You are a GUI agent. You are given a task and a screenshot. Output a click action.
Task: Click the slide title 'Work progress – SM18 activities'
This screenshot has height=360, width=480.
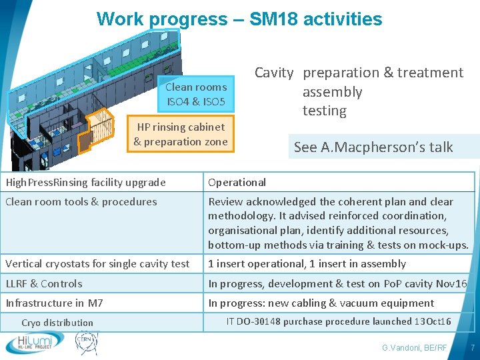point(239,19)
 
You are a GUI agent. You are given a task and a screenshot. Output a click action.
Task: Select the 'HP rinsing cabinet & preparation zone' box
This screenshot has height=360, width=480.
point(181,134)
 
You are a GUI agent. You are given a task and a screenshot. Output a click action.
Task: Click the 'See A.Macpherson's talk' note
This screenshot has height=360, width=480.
point(373,147)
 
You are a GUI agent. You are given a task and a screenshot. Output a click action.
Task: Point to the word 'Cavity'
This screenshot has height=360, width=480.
point(273,73)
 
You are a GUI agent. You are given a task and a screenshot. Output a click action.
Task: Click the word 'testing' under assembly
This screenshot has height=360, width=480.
point(324,111)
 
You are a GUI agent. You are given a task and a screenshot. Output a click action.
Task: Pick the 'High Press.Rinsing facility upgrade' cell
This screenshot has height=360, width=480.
point(86,182)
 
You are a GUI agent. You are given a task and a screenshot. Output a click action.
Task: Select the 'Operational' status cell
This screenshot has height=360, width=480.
point(237,182)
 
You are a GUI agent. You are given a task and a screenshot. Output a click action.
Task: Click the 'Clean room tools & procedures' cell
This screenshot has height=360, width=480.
point(81,201)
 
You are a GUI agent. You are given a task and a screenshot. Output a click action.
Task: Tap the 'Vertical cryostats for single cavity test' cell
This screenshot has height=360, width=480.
point(97,263)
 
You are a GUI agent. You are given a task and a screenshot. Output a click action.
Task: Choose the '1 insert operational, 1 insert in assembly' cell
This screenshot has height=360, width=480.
point(307,263)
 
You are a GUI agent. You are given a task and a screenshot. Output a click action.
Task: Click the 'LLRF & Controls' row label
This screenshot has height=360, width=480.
point(44,283)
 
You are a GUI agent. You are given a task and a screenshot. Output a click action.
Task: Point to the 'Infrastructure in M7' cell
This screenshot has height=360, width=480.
point(55,303)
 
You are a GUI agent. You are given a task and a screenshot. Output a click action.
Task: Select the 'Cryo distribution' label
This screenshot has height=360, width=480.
point(57,323)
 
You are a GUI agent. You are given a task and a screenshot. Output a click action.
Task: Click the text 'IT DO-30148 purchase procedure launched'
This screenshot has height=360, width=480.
point(319,321)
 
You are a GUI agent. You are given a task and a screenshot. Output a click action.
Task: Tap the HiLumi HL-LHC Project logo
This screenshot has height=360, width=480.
point(35,342)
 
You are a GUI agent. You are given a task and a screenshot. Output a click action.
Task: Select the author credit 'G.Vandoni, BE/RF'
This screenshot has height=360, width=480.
point(414,348)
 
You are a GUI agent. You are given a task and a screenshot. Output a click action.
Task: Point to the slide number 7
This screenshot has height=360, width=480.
point(472,348)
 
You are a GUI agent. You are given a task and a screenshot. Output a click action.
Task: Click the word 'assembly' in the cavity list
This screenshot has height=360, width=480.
point(332,92)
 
